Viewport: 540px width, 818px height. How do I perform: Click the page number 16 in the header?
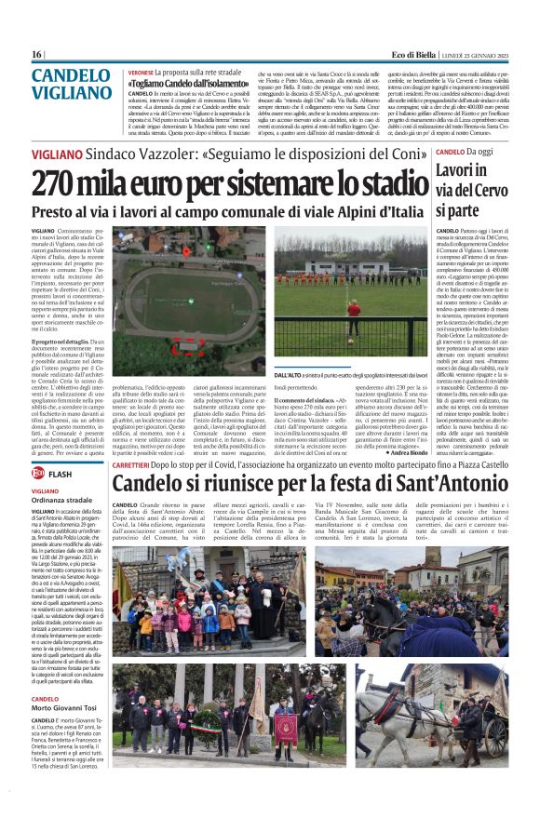pos(36,55)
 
